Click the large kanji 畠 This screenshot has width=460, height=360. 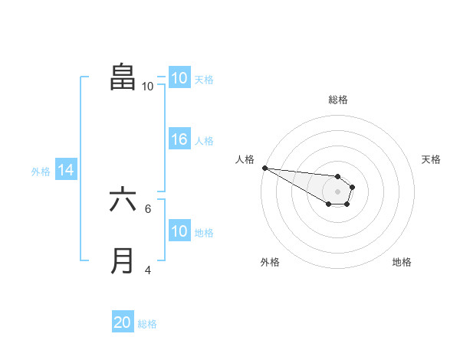point(123,77)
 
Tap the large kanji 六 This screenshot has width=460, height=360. point(123,199)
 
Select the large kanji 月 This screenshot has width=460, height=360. point(123,260)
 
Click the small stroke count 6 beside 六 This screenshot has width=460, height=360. point(148,208)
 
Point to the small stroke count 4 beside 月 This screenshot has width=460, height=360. point(148,270)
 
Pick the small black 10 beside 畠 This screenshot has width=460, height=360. point(147,87)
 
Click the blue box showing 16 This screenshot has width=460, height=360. point(179,139)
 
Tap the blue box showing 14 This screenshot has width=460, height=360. point(66,171)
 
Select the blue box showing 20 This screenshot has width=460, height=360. point(123,322)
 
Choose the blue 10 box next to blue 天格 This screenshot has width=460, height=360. point(179,78)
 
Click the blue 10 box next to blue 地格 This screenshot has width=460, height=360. point(179,231)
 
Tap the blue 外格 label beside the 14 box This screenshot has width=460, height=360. point(41,172)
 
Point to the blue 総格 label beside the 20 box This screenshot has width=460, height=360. point(147,324)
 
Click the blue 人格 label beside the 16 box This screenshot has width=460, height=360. point(204,141)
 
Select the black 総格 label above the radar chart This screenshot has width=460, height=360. point(338,100)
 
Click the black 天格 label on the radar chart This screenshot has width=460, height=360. point(432,159)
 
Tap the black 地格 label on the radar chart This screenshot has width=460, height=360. point(402,262)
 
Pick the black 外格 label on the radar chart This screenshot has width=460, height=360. point(270,262)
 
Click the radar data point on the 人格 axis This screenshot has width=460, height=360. point(264,168)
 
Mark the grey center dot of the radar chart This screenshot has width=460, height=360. point(338,191)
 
